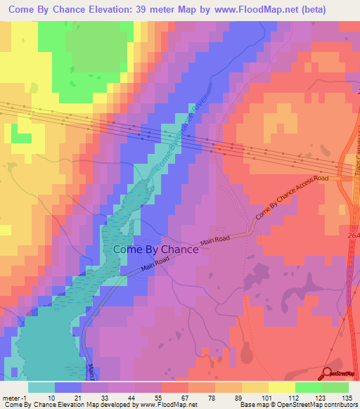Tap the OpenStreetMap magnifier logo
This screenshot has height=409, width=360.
329,375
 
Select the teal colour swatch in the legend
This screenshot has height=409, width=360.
41,387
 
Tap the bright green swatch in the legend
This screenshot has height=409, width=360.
309,387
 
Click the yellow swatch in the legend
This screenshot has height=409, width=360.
255,387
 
